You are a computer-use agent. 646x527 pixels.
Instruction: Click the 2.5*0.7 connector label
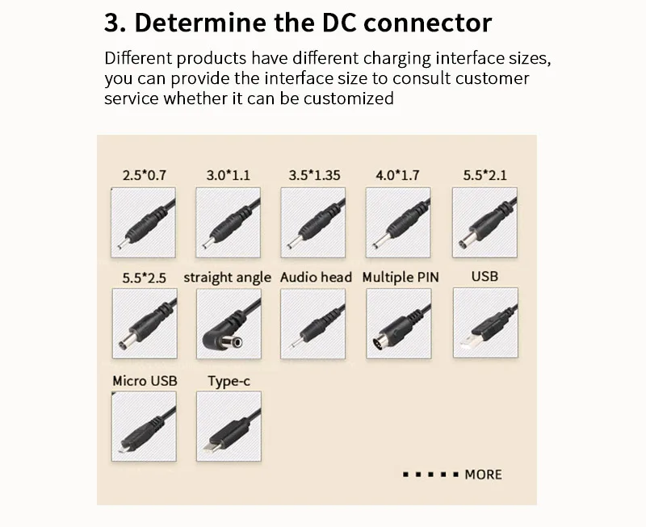tap(145, 175)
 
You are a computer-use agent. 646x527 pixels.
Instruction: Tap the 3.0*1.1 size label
tap(229, 175)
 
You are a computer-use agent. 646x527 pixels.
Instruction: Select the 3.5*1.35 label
tap(315, 175)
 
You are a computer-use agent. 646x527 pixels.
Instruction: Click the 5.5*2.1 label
tap(484, 175)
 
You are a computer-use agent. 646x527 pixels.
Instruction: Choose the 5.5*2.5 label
tap(145, 278)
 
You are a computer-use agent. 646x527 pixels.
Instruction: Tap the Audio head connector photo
tap(313, 324)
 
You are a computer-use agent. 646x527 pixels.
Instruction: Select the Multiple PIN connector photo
tap(399, 324)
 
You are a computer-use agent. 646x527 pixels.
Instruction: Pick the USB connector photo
tap(484, 324)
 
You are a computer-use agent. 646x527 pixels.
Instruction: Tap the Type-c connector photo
tap(229, 426)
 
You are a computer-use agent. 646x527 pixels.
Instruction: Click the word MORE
tap(483, 475)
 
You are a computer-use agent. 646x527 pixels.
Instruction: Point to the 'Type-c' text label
tap(229, 381)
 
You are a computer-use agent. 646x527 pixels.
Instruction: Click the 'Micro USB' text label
tap(145, 381)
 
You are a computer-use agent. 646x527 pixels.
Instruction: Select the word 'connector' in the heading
tap(427, 23)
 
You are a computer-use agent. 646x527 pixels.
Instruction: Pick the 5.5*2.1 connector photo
tap(484, 222)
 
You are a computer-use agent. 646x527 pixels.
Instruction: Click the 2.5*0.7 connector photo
tap(144, 222)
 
